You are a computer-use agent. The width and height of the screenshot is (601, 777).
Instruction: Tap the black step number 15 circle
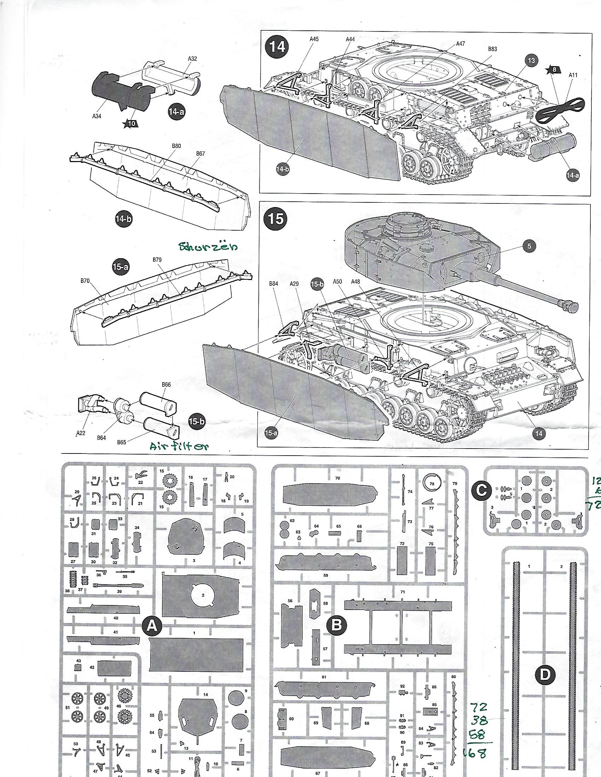click(x=276, y=218)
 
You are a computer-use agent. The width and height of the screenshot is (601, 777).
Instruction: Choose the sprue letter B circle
click(x=337, y=624)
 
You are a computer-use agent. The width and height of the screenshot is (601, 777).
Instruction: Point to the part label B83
click(x=492, y=49)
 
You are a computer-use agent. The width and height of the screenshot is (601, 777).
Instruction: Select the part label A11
click(x=573, y=75)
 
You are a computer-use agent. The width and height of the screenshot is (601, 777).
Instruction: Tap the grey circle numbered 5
click(x=529, y=245)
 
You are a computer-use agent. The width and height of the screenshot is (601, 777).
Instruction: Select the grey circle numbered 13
click(x=531, y=60)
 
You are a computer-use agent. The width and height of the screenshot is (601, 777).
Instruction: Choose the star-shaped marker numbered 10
click(x=131, y=124)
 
